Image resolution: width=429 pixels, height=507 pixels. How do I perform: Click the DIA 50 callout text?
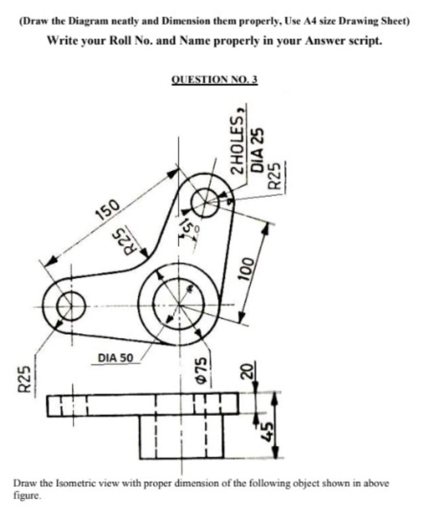tap(116, 358)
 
